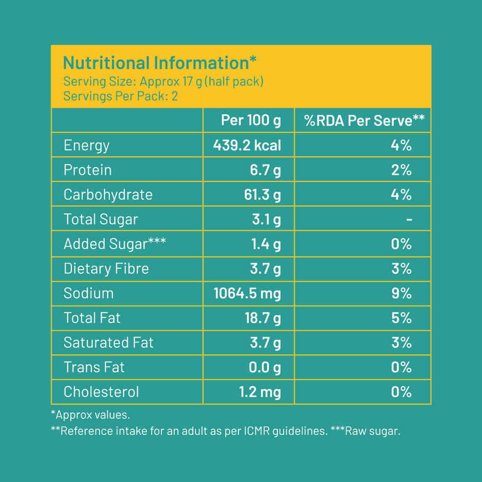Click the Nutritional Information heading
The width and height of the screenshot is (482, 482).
pyautogui.click(x=159, y=63)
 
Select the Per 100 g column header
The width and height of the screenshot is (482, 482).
pyautogui.click(x=251, y=120)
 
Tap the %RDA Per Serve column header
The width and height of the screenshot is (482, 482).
pyautogui.click(x=364, y=120)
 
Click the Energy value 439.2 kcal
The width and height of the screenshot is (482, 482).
pyautogui.click(x=247, y=145)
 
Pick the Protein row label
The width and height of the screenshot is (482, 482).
pyautogui.click(x=87, y=170)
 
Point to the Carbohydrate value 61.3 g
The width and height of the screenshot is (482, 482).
pyautogui.click(x=263, y=195)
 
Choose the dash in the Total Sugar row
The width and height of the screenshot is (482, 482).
pyautogui.click(x=409, y=219)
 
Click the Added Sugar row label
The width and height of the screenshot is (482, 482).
pyautogui.click(x=114, y=244)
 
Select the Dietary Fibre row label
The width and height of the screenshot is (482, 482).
pyautogui.click(x=106, y=269)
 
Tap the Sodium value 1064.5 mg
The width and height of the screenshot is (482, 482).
pyautogui.click(x=247, y=293)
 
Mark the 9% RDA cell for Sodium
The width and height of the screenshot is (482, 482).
pyautogui.click(x=401, y=293)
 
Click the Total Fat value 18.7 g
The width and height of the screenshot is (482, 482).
pyautogui.click(x=263, y=318)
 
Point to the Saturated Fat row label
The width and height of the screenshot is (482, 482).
pyautogui.click(x=108, y=343)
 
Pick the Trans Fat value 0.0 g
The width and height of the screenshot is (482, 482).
pyautogui.click(x=266, y=367)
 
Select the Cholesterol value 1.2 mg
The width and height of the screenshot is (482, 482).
pyautogui.click(x=260, y=392)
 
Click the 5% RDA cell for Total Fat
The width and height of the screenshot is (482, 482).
pyautogui.click(x=401, y=318)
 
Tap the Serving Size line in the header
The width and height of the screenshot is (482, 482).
pyautogui.click(x=163, y=82)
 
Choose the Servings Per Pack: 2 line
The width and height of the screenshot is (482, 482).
pyautogui.click(x=120, y=96)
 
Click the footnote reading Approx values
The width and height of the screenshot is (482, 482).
pyautogui.click(x=91, y=414)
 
